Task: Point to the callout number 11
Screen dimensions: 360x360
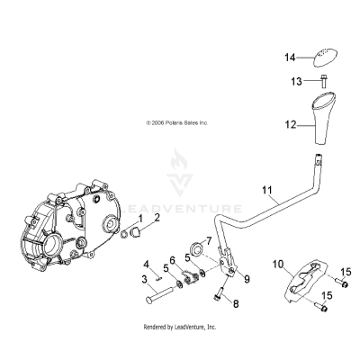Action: (x=265, y=190)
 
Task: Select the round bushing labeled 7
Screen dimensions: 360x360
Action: (x=195, y=245)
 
